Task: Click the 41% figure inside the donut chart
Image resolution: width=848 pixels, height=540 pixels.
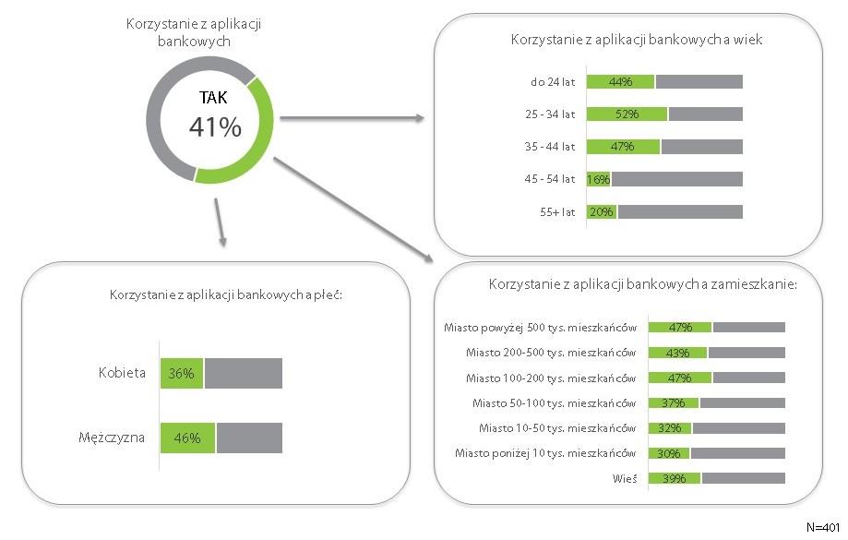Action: tap(215, 127)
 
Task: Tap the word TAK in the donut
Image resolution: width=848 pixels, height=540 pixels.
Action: tap(214, 97)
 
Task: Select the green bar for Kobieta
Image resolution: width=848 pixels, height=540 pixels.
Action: tap(182, 373)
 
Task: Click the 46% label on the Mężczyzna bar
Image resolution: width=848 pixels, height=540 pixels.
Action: tap(187, 438)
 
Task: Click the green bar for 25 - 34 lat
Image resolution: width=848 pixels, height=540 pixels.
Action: tap(627, 114)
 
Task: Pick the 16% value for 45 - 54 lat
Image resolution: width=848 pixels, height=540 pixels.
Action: tap(598, 179)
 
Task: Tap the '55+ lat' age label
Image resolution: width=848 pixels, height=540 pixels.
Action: tap(557, 211)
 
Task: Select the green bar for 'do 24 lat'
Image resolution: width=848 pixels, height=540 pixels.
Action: tap(620, 81)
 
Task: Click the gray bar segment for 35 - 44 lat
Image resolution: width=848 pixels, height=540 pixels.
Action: tap(701, 147)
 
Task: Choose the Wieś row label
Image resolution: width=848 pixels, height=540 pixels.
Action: tap(624, 478)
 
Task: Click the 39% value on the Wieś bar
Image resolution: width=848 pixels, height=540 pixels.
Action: tap(674, 478)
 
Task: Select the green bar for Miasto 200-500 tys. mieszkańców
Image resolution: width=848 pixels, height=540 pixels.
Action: tap(677, 353)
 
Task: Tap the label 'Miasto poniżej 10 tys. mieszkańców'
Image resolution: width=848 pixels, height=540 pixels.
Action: tap(545, 453)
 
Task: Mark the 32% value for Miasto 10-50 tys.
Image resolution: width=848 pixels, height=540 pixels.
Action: tap(670, 428)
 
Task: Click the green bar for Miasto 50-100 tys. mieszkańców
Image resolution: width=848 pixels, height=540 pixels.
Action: tap(674, 402)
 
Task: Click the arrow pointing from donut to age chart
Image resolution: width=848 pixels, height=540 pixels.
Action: tap(351, 118)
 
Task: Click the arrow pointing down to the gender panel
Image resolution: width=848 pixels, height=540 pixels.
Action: tap(220, 222)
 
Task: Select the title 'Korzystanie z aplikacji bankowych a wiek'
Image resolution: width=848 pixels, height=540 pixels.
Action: tap(636, 41)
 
